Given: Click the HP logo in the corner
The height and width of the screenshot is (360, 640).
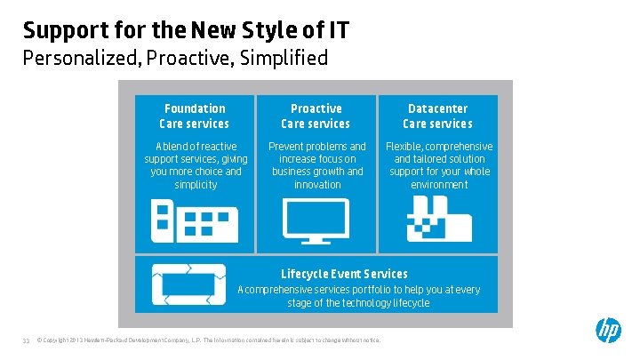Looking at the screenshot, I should (608, 331).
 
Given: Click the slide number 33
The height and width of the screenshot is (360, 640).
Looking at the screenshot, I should (27, 340).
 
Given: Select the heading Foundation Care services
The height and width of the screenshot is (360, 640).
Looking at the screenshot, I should (194, 116).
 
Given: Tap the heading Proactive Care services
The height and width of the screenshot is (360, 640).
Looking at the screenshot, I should (316, 116).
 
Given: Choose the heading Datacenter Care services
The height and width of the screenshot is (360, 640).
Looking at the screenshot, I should (437, 116).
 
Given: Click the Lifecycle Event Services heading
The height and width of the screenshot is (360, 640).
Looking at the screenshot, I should (344, 274).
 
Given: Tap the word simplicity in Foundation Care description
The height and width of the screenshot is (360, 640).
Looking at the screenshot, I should (196, 185).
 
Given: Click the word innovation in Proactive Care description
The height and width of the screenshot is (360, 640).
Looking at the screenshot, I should (317, 185).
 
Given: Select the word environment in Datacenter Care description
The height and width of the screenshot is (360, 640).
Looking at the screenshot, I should (439, 185).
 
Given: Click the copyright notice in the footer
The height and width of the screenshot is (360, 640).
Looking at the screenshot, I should (208, 340).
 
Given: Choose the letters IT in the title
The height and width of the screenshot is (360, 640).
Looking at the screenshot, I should (338, 30).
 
